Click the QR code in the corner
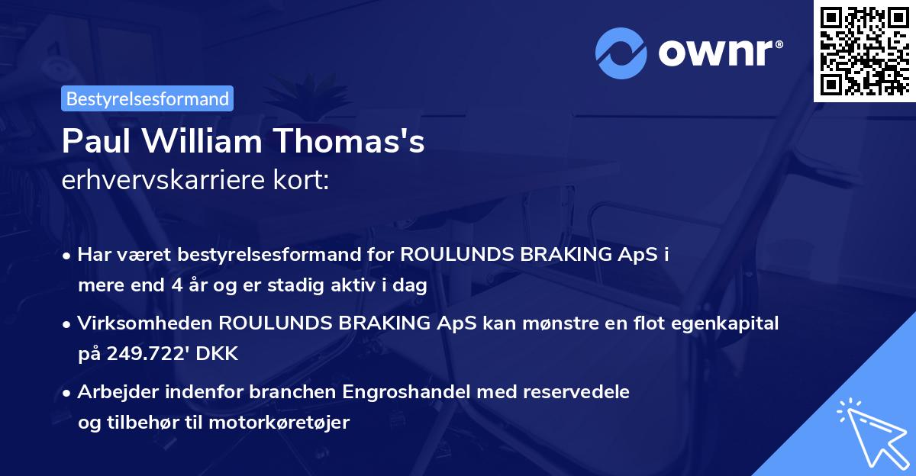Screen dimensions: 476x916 click(864, 50)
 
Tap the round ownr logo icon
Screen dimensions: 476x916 click(621, 53)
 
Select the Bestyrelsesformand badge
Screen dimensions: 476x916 click(147, 98)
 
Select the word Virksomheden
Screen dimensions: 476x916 click(144, 323)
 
